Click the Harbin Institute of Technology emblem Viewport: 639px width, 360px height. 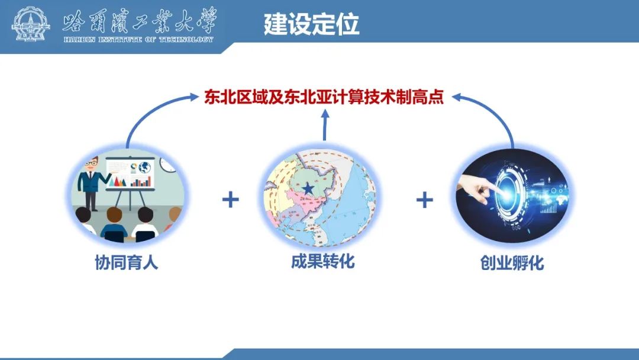click(x=31, y=24)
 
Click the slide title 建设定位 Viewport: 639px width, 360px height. click(x=311, y=24)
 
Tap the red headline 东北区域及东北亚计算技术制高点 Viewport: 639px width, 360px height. click(x=324, y=97)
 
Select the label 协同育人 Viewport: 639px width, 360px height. click(x=127, y=262)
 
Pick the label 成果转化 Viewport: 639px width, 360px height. click(x=323, y=261)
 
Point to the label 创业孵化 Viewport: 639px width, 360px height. click(x=512, y=263)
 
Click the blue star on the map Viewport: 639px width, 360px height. click(x=308, y=188)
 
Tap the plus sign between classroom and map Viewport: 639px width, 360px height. click(x=231, y=200)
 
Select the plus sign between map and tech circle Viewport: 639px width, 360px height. click(x=425, y=200)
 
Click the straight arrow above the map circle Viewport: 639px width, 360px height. click(x=325, y=125)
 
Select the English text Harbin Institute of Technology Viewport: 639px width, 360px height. click(x=138, y=40)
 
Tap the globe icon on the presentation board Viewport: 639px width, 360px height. click(x=145, y=168)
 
